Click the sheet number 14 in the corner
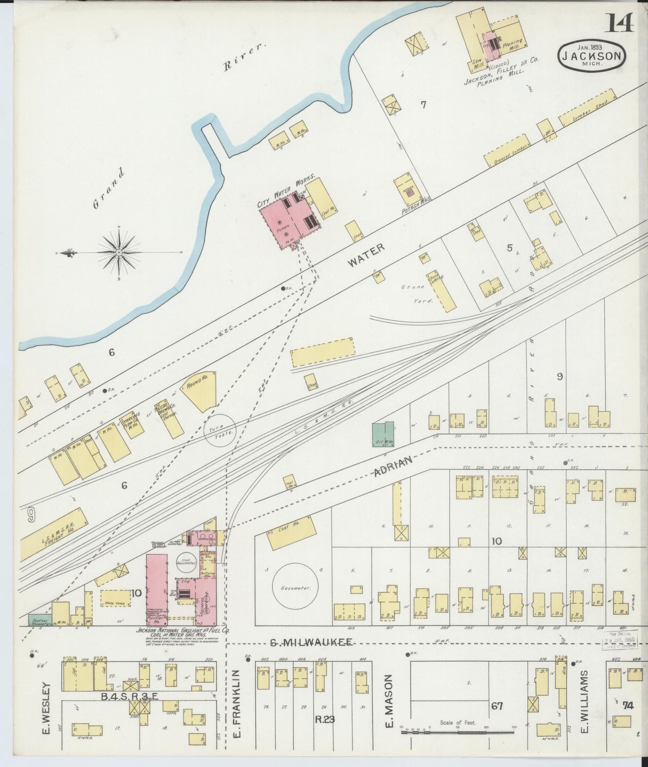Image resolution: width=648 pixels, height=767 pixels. click(620, 23)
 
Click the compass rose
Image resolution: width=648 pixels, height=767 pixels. click(119, 253)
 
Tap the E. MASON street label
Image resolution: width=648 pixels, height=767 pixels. click(389, 704)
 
